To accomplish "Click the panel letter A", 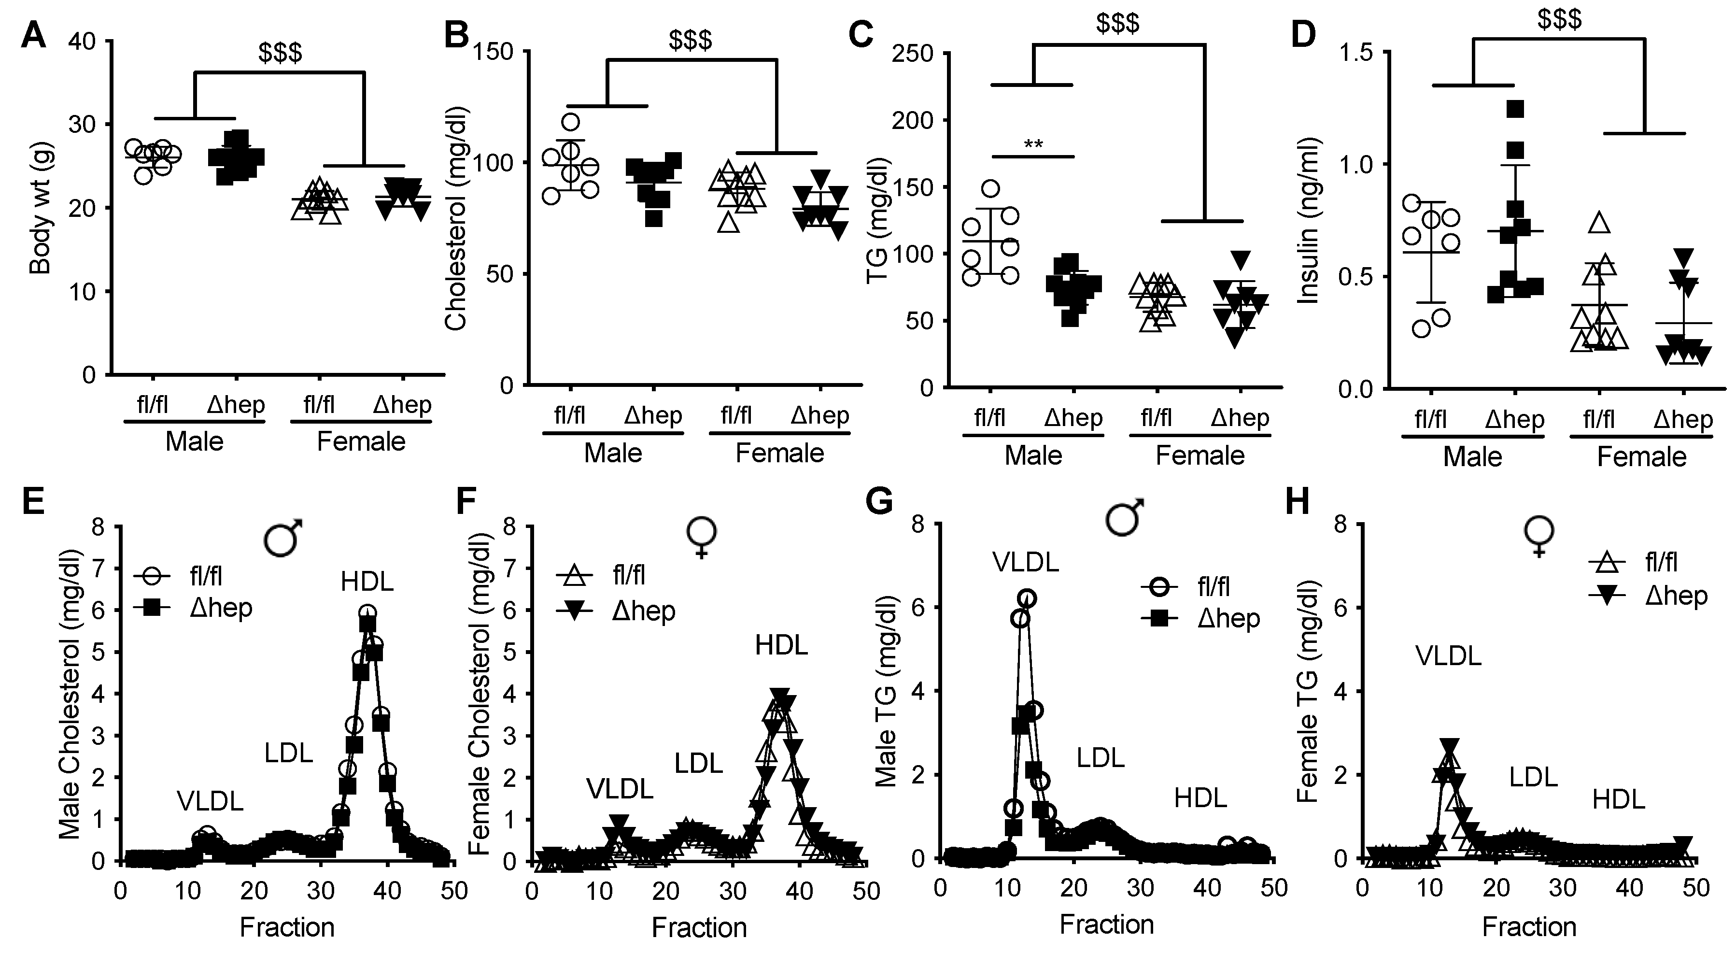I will click(34, 35).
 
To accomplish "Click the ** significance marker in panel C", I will click(1032, 144).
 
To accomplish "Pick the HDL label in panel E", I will click(367, 581).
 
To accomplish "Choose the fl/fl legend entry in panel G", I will click(1214, 586).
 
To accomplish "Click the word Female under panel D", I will click(1642, 457).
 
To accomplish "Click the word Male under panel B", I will click(613, 453).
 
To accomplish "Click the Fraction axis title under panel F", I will click(699, 927).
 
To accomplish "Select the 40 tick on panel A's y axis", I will click(82, 42).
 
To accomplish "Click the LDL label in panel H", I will click(1533, 777).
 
